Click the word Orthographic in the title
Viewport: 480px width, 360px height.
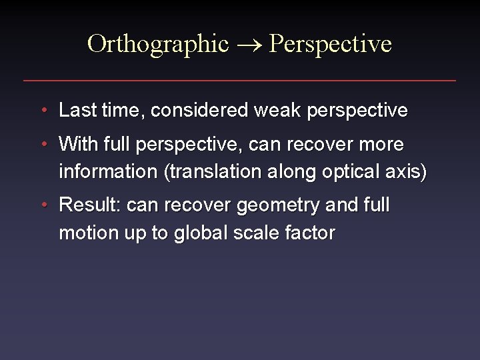157,44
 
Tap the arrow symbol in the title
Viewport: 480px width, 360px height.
250,45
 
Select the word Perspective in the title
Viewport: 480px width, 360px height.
331,44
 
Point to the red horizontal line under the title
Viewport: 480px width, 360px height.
240,81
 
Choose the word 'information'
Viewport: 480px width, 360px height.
107,171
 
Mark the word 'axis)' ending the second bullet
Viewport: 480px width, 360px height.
407,171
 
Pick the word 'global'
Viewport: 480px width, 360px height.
196,233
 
